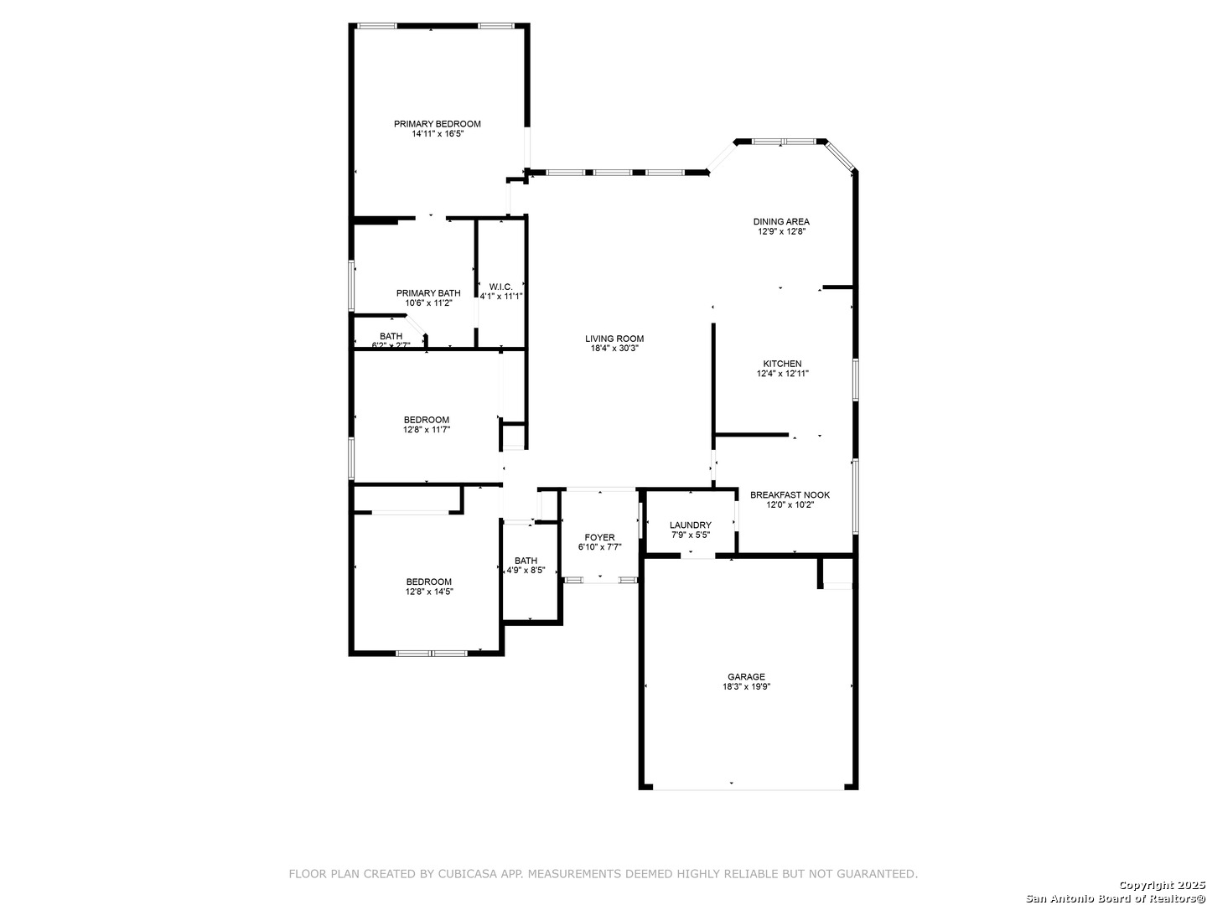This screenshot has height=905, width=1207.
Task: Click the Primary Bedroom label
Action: [x=438, y=124]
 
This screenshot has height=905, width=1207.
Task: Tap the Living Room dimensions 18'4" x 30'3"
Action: [x=614, y=349]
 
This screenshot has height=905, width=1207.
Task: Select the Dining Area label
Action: [x=781, y=222]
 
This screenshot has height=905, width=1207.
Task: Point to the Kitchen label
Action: [x=782, y=364]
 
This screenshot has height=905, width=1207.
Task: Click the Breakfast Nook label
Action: [x=790, y=495]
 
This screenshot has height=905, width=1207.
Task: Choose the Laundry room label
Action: [x=690, y=525]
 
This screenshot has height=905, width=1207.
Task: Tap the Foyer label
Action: [x=599, y=537]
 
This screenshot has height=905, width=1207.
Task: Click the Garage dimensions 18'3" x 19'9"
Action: [x=746, y=687]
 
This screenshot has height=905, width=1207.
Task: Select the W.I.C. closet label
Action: [x=500, y=287]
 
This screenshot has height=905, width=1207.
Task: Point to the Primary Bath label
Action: [x=428, y=293]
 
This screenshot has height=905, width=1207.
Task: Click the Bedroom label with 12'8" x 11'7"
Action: [x=426, y=420]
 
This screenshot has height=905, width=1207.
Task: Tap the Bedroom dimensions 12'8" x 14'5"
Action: [x=429, y=592]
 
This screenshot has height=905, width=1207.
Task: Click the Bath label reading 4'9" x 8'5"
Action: [x=526, y=561]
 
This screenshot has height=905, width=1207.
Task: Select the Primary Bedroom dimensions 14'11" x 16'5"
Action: [x=438, y=133]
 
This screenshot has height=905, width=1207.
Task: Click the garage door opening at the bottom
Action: [x=748, y=789]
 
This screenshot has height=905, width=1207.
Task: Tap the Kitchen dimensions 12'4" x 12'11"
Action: [x=783, y=374]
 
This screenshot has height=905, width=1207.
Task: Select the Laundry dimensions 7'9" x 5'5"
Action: [x=691, y=535]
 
